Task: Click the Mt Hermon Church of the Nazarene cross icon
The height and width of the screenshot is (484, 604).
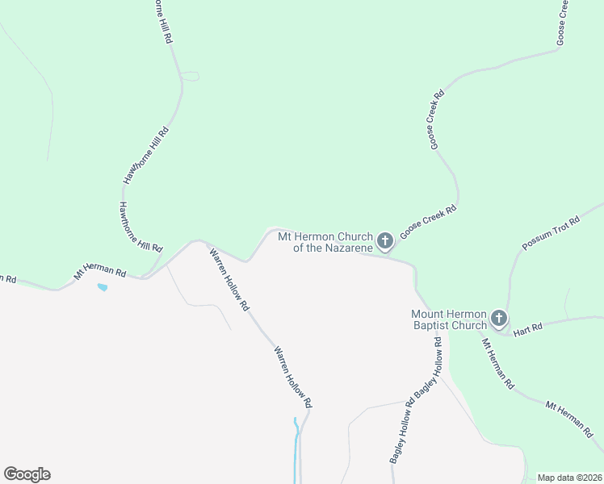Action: coord(385,240)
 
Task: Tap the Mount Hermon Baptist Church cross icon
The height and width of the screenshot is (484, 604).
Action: coord(498,318)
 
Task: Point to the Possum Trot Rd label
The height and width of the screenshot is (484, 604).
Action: coord(552,233)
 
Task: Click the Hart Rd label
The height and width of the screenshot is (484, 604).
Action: coord(526,328)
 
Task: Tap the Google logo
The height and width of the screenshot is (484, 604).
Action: coord(27,474)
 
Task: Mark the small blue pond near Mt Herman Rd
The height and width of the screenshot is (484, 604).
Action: coord(102,286)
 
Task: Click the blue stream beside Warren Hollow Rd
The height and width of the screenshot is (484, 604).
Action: coord(296,440)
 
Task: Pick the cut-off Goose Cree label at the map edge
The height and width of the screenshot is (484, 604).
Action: coord(563,21)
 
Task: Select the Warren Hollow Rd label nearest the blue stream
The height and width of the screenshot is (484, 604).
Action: coord(292,377)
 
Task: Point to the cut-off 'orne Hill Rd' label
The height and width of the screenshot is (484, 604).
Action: coord(161,21)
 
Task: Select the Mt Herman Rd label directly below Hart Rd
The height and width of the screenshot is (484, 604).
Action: coord(498,364)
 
